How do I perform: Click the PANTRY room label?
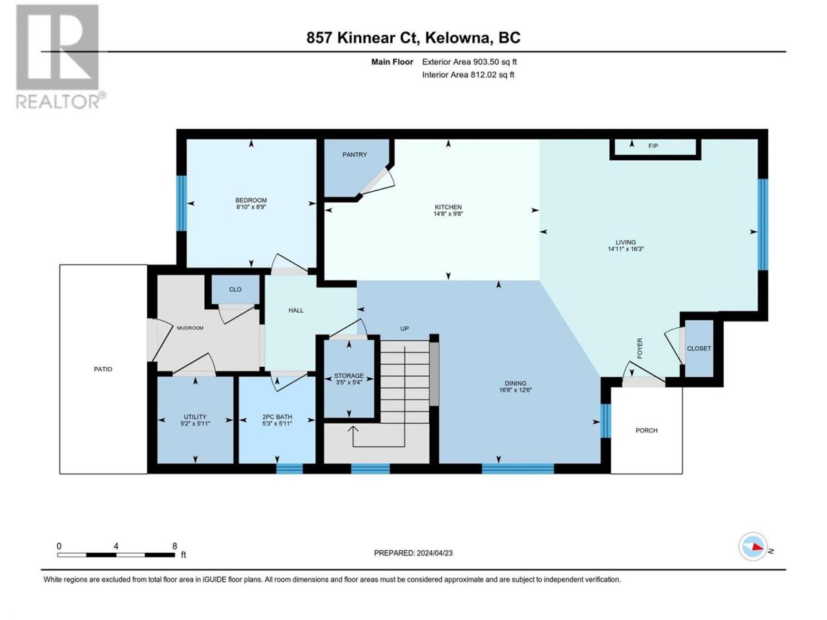tap(355, 155)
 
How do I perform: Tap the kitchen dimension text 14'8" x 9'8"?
tap(448, 214)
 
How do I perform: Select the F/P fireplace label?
tap(653, 147)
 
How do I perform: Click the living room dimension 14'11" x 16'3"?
tap(625, 249)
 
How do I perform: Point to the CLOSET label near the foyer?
tap(698, 349)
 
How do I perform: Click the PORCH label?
tap(646, 431)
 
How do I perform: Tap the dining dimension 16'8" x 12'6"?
tap(515, 390)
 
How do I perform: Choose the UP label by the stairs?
tap(404, 329)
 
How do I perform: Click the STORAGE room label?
tap(349, 376)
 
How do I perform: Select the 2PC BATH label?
tap(277, 417)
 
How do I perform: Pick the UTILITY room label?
tap(195, 417)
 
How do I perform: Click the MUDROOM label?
tap(190, 328)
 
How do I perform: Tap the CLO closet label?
tap(235, 289)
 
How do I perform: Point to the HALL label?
tap(296, 311)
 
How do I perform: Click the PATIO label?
tap(103, 369)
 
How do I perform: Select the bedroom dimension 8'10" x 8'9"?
tap(251, 207)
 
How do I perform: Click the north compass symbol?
tap(754, 547)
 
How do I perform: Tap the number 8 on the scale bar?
tap(174, 546)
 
